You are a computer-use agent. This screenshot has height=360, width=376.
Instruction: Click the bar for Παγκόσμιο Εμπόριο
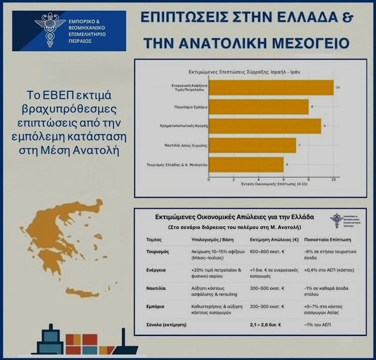pos(258,106)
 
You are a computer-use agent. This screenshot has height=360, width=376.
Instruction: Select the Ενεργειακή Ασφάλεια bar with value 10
pos(271,88)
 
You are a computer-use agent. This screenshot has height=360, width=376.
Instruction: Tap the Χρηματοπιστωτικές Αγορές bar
pos(264,126)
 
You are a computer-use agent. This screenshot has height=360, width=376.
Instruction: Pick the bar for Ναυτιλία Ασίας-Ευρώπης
pos(252,145)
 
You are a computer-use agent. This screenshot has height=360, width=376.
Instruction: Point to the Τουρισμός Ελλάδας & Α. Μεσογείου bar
pos(246,164)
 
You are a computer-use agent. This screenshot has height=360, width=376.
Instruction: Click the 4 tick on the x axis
pos(259,179)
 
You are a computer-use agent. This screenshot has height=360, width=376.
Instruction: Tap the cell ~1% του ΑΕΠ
pos(327,324)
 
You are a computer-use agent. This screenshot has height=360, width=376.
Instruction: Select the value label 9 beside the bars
pos(324,126)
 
